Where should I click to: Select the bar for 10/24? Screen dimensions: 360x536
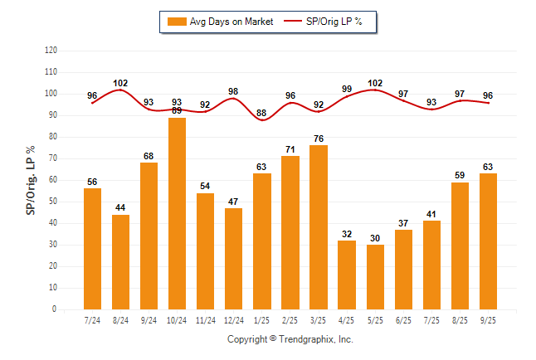(x=177, y=213)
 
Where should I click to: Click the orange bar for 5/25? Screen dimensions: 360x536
(x=375, y=276)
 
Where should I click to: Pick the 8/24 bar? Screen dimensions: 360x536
(x=120, y=261)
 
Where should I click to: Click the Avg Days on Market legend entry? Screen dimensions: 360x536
(x=220, y=22)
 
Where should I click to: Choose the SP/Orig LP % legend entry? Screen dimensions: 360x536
(x=324, y=22)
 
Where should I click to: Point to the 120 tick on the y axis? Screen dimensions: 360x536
(x=51, y=50)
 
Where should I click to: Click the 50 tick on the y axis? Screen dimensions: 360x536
(x=53, y=201)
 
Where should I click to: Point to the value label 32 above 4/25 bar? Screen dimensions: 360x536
(x=347, y=234)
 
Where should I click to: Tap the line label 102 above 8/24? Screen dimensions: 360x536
(x=120, y=83)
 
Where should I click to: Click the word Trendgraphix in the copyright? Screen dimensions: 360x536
(x=306, y=339)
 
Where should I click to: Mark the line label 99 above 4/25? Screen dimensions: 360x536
(x=347, y=88)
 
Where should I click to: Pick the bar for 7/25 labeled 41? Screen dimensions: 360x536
(x=431, y=265)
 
